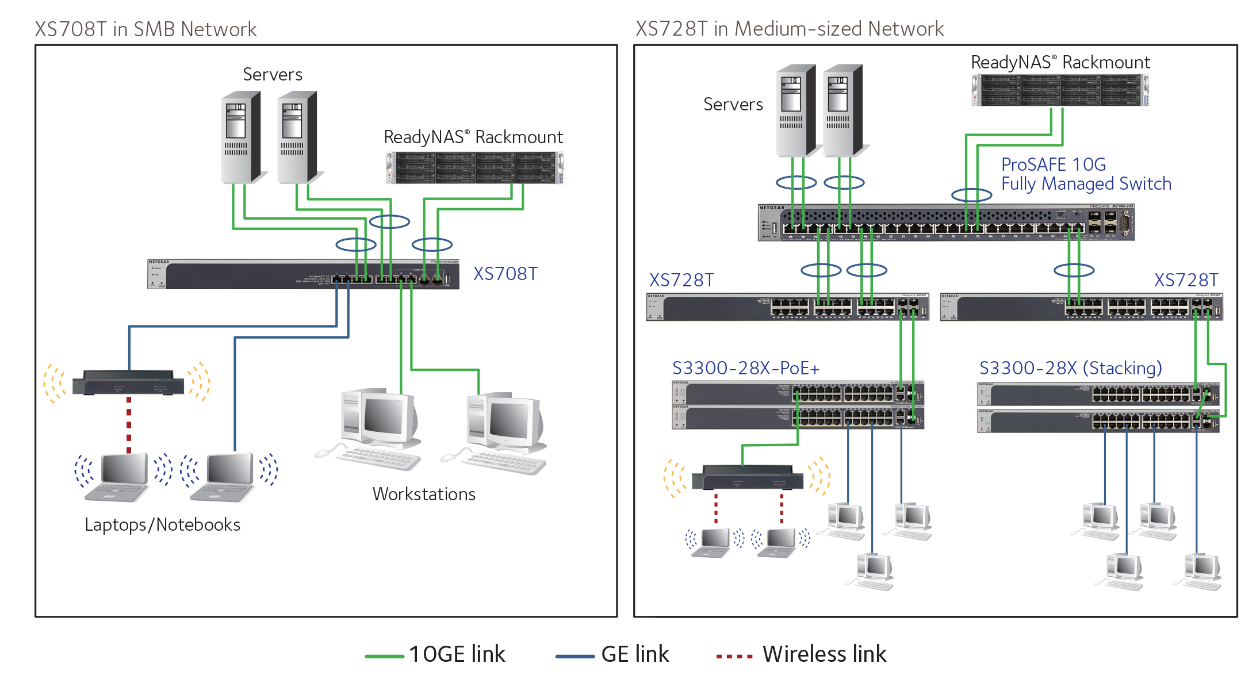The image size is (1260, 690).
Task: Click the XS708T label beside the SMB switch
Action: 505,274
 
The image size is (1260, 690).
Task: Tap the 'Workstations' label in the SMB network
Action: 424,494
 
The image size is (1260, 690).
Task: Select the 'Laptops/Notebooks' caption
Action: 162,524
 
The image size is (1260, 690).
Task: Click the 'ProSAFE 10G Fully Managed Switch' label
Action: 1085,174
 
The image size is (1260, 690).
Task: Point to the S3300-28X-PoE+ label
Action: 745,368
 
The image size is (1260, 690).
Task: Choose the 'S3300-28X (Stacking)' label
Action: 1070,368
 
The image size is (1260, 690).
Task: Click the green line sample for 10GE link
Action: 384,655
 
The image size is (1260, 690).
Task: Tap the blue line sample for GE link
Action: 575,655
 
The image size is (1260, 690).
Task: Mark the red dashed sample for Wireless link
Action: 734,655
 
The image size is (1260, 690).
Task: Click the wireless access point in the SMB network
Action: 128,383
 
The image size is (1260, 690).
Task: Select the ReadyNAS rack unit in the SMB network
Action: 474,168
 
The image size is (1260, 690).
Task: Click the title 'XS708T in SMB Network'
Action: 145,29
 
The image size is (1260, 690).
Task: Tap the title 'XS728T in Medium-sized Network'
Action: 789,29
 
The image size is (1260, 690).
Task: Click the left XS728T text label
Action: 681,280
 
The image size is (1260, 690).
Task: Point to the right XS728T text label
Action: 1186,280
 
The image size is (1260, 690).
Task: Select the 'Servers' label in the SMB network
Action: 272,75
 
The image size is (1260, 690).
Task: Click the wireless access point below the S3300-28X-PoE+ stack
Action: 747,478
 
